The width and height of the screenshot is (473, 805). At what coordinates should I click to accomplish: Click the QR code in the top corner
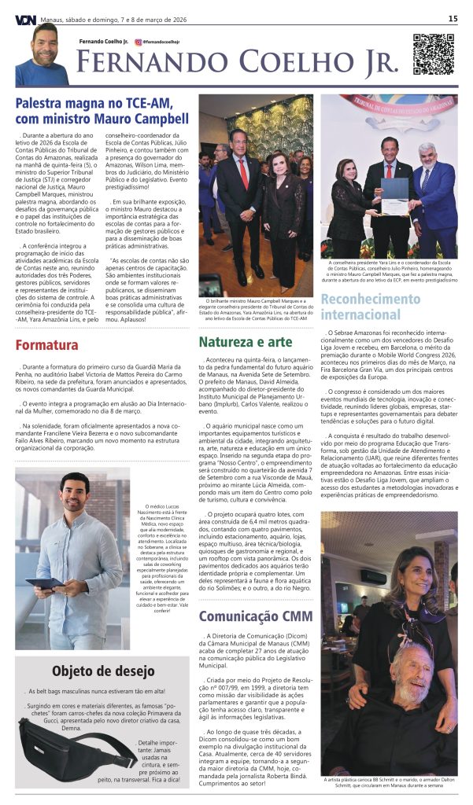(434, 53)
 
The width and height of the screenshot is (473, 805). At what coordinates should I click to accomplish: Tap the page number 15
(453, 18)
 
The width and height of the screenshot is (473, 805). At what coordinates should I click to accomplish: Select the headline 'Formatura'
(46, 344)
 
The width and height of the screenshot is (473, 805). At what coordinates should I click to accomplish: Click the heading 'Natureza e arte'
(245, 342)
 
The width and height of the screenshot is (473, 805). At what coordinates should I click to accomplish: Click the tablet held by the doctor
(43, 583)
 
